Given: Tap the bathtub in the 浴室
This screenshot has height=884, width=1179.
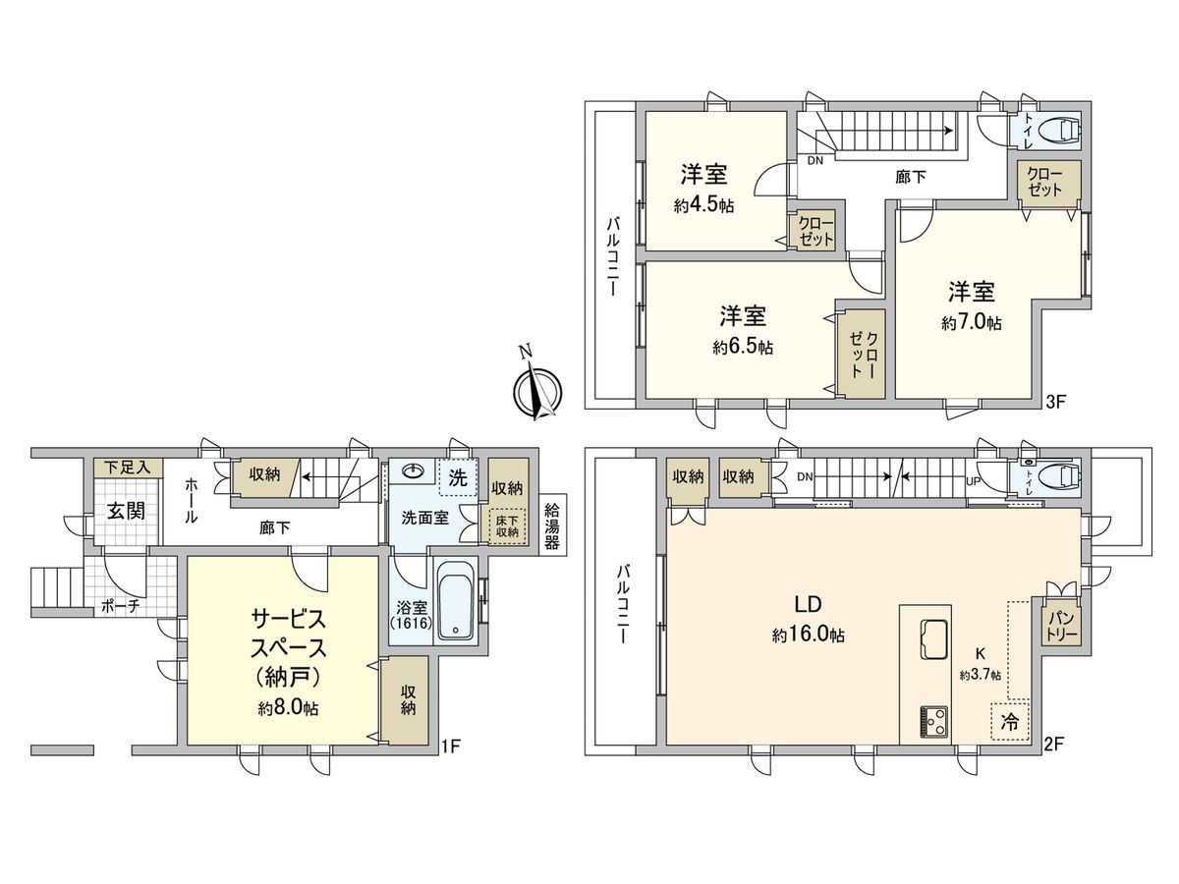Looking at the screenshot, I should click(455, 601).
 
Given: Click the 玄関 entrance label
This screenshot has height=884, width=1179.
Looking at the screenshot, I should click(126, 512).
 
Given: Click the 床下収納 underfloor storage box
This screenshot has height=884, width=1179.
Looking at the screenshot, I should click(507, 525).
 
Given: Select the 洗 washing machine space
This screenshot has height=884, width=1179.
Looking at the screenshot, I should click(458, 478).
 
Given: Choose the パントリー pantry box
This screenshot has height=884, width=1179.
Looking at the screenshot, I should click(1062, 624).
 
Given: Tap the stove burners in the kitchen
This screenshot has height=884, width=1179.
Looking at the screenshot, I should click(933, 722).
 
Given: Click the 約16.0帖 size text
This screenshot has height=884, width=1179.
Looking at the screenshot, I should click(809, 635).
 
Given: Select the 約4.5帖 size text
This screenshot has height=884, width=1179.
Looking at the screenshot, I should click(703, 206).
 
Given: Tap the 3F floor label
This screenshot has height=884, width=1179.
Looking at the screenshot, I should click(1053, 402).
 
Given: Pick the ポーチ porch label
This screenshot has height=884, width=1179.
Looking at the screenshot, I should click(120, 607).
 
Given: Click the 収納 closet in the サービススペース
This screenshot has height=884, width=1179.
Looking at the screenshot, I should click(408, 700).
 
